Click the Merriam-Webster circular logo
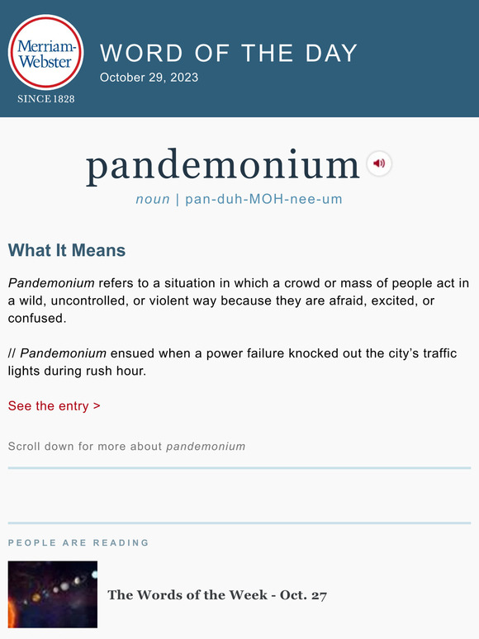[x=45, y=52]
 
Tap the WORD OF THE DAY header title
[x=229, y=53]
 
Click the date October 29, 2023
[x=149, y=78]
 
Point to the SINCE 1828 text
[x=45, y=99]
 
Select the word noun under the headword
[x=153, y=199]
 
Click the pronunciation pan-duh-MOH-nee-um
[x=263, y=199]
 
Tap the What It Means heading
[x=67, y=250]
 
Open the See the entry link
[x=55, y=405]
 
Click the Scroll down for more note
[x=126, y=447]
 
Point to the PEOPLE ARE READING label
[x=78, y=542]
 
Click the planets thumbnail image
[x=53, y=594]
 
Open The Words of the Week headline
[x=217, y=594]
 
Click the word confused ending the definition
[x=36, y=318]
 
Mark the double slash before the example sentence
[x=12, y=353]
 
